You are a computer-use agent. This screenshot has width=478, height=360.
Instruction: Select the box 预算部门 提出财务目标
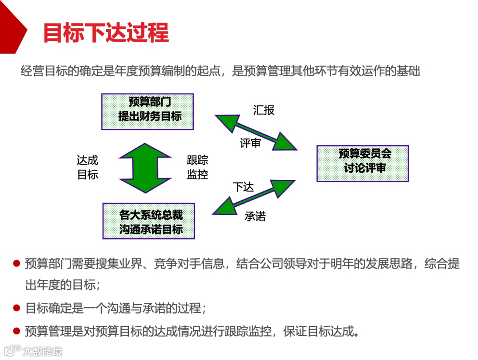(x=147, y=112)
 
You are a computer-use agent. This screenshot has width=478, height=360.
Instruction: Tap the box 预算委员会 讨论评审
(x=362, y=163)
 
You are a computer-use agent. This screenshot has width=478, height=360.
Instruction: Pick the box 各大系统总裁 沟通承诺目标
(x=149, y=221)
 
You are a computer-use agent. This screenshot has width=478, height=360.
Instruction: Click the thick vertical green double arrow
(x=144, y=168)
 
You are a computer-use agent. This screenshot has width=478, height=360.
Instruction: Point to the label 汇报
(x=264, y=110)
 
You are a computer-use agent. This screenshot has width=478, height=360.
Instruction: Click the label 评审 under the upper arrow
(x=250, y=143)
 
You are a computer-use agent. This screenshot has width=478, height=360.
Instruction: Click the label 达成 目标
(x=88, y=167)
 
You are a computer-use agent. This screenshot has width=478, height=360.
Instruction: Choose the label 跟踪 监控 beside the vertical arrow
(x=197, y=167)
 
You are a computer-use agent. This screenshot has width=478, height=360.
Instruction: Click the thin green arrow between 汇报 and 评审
(x=256, y=131)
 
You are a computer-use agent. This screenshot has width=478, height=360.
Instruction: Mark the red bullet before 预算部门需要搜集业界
(x=17, y=264)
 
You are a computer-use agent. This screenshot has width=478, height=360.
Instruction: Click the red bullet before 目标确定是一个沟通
(x=17, y=308)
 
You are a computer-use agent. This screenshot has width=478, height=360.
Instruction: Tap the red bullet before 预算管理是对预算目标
(x=17, y=331)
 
